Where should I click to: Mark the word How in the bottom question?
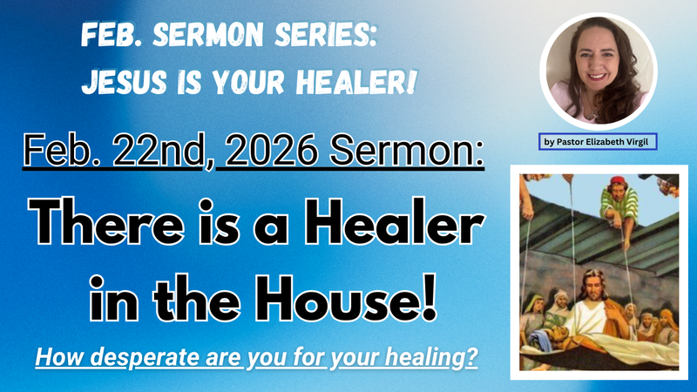pyautogui.click(x=56, y=358)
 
